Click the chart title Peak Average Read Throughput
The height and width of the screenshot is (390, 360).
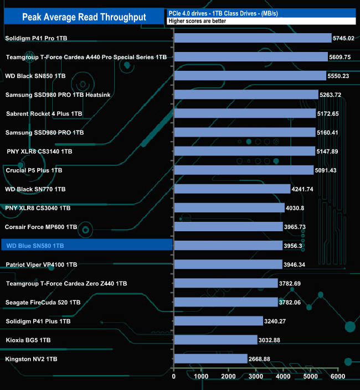[84, 17]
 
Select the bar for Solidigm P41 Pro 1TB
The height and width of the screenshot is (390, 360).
[253, 38]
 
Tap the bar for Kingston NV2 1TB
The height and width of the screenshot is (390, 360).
[210, 359]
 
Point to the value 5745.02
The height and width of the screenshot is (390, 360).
[343, 38]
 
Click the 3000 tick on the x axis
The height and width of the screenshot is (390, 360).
[256, 377]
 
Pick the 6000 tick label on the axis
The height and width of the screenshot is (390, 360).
[338, 377]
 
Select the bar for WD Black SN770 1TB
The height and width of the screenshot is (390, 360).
[232, 189]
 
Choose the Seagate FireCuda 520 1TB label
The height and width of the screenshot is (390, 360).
[43, 302]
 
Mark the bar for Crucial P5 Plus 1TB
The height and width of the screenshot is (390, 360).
[244, 170]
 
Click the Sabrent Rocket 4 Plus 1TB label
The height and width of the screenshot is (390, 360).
[44, 113]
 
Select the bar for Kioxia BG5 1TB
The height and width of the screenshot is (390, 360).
[215, 340]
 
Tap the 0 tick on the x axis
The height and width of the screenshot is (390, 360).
[174, 377]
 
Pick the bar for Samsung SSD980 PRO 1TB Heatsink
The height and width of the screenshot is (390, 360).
[246, 95]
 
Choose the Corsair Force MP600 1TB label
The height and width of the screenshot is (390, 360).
[40, 227]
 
